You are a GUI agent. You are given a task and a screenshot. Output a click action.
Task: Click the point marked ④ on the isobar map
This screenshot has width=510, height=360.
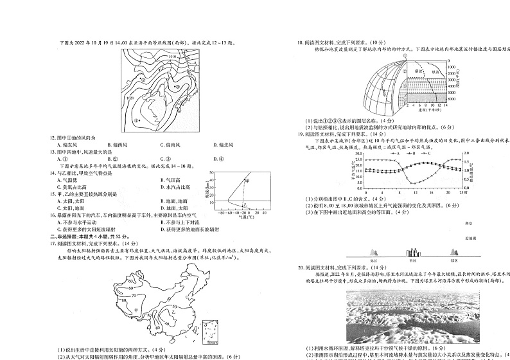(x=136, y=120)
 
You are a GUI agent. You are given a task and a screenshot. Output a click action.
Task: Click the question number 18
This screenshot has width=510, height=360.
(x=300, y=42)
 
